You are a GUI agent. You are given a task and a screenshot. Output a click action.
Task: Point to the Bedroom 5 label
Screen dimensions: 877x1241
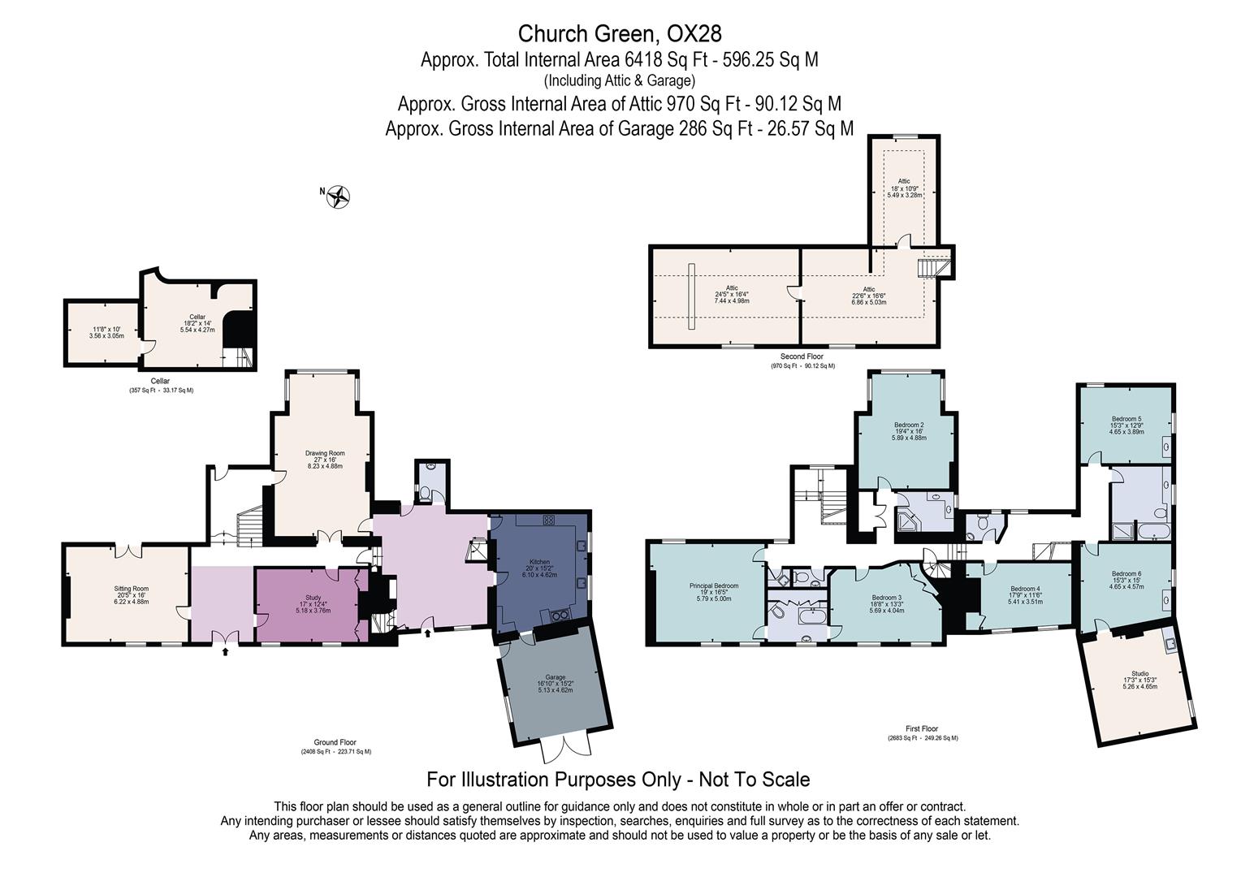tap(1126, 425)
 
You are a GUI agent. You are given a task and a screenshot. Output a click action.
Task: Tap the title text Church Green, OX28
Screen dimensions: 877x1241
tap(620, 33)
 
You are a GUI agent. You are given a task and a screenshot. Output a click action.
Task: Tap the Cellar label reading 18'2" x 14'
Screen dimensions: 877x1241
tap(197, 323)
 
